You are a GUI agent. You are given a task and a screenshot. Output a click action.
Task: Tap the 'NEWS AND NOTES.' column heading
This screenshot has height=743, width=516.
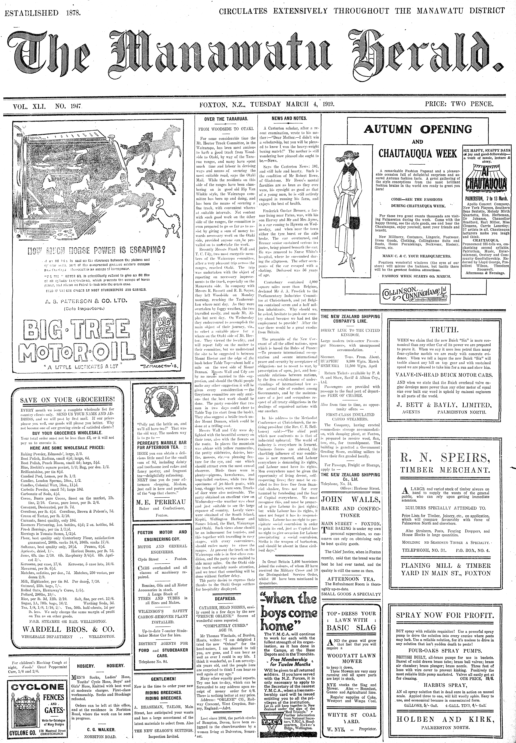pos(289,118)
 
